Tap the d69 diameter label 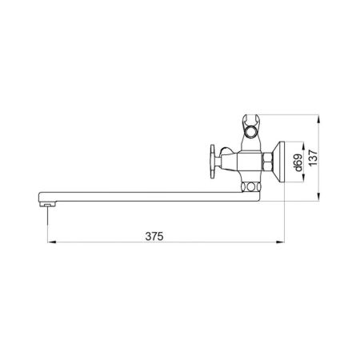click(297, 162)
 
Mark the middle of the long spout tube click(144, 195)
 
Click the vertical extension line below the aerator click(47, 228)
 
